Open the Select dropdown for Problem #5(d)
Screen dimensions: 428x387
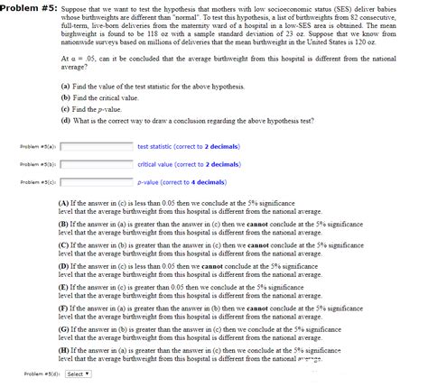click(77, 373)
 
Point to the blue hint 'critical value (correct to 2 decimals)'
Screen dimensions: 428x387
click(189, 164)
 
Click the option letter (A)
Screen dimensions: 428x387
click(62, 203)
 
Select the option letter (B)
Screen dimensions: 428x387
click(62, 223)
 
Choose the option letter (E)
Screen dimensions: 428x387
click(62, 286)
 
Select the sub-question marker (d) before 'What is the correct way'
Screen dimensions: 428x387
click(65, 119)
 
